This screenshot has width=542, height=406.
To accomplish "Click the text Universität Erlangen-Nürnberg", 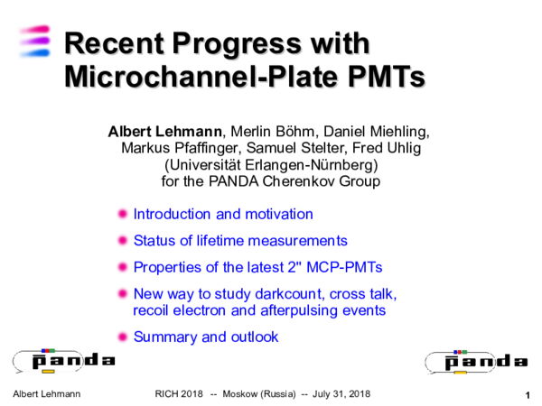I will (x=270, y=165).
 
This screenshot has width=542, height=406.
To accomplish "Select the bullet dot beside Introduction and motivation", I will (x=124, y=215).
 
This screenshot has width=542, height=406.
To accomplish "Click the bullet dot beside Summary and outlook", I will (x=124, y=337).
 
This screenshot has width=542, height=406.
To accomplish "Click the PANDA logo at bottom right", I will (x=475, y=361).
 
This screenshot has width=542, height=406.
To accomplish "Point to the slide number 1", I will (x=526, y=396).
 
